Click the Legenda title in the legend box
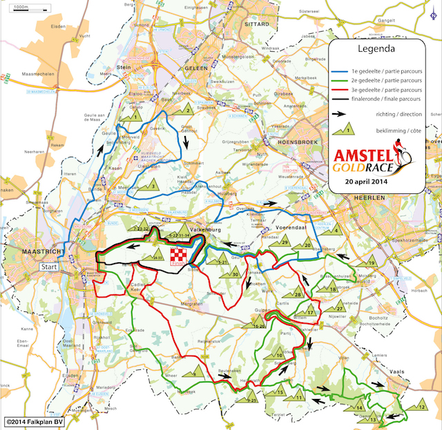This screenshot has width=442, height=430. point(376,50)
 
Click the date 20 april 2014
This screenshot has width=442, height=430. point(377,182)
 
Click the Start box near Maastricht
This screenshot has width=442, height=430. point(50,266)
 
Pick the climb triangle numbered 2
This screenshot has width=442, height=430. point(186,110)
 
